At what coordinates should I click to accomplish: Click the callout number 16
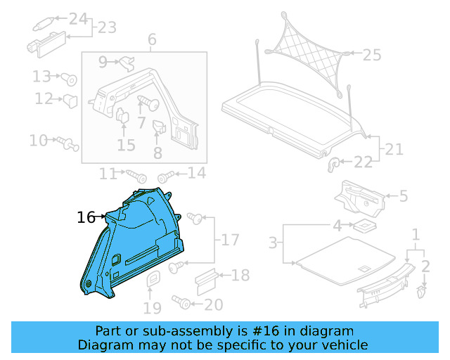pyautogui.click(x=86, y=218)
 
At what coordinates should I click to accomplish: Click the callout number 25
pyautogui.click(x=371, y=54)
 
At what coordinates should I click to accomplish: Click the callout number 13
pyautogui.click(x=42, y=76)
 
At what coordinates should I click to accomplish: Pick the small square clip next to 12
pyautogui.click(x=70, y=101)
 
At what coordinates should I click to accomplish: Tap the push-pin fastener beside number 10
pyautogui.click(x=69, y=143)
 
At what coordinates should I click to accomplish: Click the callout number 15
pyautogui.click(x=126, y=146)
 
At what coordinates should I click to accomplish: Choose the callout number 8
pyautogui.click(x=157, y=152)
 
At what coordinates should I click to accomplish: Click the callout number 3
pyautogui.click(x=273, y=243)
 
